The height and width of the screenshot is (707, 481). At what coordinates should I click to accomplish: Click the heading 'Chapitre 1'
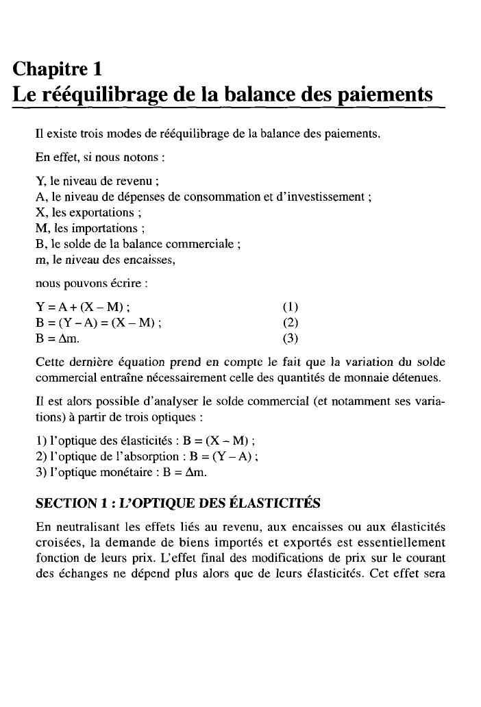(58, 69)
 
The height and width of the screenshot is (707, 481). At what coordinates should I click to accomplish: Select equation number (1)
(291, 306)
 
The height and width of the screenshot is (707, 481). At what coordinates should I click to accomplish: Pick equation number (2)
(291, 322)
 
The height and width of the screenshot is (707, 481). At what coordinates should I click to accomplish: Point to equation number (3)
(291, 338)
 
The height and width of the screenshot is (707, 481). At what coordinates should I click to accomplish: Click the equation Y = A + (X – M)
(83, 306)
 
